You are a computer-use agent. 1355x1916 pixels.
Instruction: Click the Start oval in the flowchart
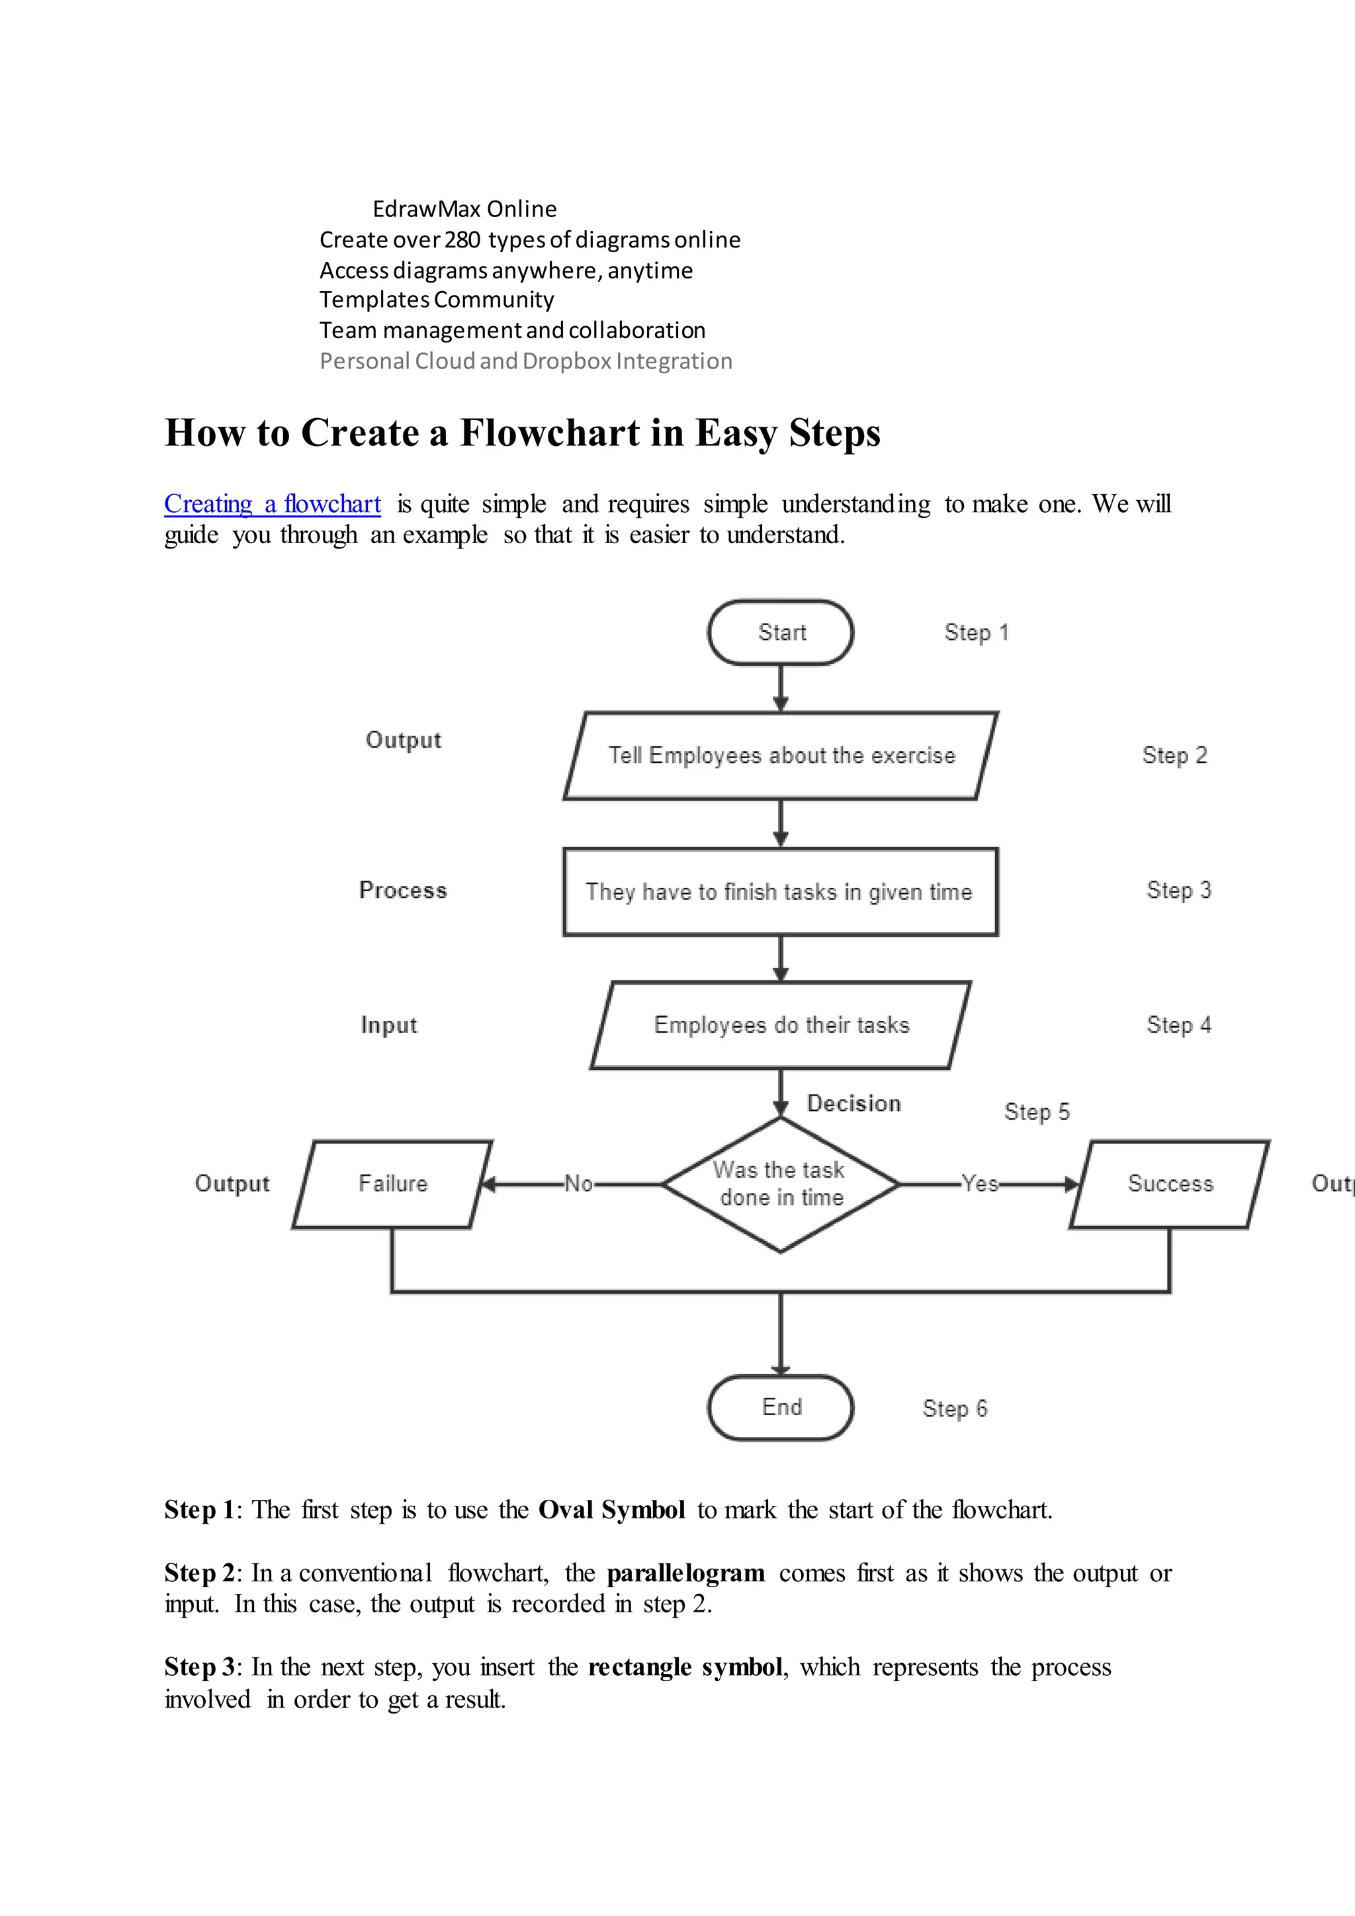(x=780, y=632)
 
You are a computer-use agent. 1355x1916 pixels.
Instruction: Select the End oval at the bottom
(x=780, y=1407)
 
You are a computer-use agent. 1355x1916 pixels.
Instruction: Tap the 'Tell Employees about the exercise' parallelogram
(x=780, y=755)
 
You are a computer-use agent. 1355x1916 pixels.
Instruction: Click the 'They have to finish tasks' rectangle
(x=780, y=891)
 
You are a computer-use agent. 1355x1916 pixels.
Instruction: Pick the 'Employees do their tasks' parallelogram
(x=780, y=1025)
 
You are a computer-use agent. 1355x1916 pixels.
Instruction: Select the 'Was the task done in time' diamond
(x=780, y=1184)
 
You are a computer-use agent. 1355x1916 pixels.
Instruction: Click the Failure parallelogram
(x=392, y=1184)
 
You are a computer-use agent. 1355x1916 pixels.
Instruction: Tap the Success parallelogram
(x=1170, y=1184)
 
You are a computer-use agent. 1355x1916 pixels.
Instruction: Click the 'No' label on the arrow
(x=578, y=1184)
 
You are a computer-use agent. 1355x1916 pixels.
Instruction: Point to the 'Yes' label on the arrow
(x=980, y=1184)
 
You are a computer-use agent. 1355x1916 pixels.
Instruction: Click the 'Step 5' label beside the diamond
(x=1036, y=1111)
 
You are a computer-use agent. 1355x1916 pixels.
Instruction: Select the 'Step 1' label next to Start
(x=976, y=632)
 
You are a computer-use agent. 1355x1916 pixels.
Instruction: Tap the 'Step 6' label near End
(x=955, y=1409)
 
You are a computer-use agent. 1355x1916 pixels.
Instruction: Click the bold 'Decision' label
(x=853, y=1103)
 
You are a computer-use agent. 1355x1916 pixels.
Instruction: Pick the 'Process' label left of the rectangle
(x=403, y=891)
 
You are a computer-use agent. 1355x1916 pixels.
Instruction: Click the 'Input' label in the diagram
(x=389, y=1025)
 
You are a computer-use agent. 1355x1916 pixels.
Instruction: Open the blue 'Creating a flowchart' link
(x=272, y=504)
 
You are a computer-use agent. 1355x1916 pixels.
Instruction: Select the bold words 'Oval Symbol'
(x=611, y=1510)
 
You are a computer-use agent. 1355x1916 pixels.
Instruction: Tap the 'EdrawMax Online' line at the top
(x=464, y=208)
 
